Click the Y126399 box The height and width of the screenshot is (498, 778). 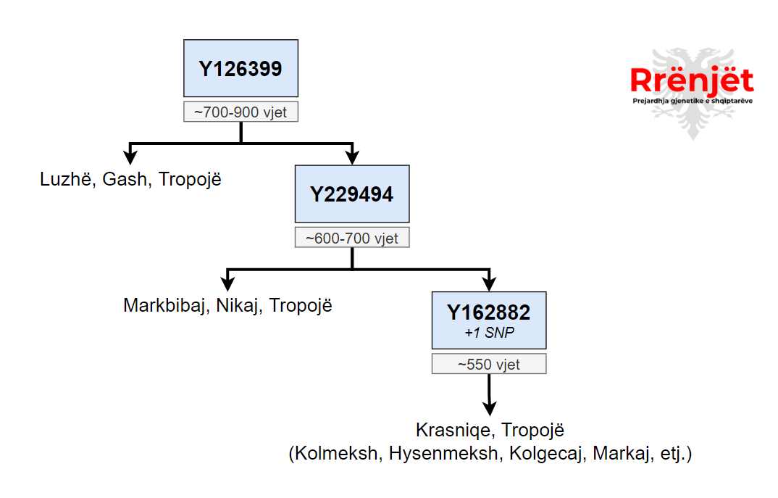240,68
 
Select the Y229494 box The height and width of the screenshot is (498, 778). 351,194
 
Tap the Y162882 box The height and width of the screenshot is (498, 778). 488,320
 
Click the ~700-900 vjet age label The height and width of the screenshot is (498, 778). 240,112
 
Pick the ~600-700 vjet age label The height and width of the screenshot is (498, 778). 351,238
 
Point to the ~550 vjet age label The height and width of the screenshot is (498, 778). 488,364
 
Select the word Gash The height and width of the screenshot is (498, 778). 124,179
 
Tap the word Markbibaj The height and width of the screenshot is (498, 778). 165,305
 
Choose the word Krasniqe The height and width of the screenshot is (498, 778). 453,430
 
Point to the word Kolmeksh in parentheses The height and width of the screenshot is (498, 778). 335,455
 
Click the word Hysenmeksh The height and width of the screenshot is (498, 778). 444,455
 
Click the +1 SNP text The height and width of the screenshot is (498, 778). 488,333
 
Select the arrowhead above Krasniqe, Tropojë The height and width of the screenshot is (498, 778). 489,407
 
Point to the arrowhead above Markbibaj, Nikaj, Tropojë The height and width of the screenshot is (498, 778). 227,282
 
